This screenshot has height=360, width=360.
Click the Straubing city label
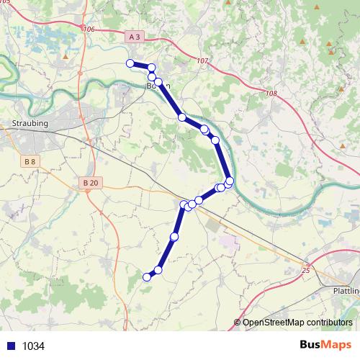[x=30, y=124]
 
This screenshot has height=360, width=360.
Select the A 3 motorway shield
[x=133, y=35]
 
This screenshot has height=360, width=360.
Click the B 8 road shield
[x=30, y=162]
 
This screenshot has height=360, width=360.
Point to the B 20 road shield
[x=90, y=183]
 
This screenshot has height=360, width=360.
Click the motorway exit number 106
[x=89, y=29]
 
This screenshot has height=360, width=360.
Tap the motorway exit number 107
[x=201, y=61]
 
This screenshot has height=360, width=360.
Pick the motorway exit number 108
[x=270, y=94]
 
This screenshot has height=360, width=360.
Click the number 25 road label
[x=305, y=270]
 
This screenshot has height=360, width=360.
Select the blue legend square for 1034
[x=9, y=346]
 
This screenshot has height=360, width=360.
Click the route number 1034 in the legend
[x=33, y=346]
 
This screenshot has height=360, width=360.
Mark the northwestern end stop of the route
[x=130, y=63]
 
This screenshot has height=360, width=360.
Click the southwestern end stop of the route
[x=147, y=276]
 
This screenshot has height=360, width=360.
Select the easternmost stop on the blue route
[x=230, y=181]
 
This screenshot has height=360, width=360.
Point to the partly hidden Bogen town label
[x=158, y=86]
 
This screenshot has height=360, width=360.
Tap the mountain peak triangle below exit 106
[x=66, y=55]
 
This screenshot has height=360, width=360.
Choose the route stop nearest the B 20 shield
[x=183, y=205]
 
